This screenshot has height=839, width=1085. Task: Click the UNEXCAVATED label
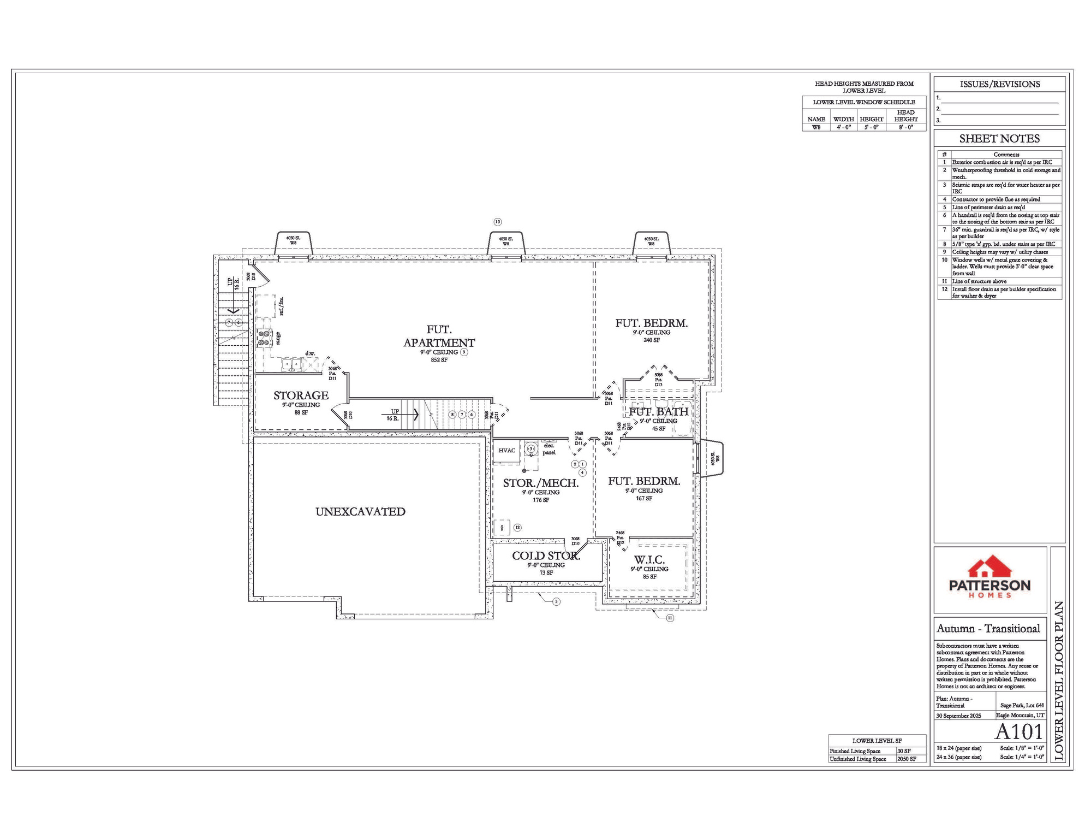click(x=360, y=512)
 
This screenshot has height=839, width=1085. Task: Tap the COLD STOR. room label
click(x=546, y=556)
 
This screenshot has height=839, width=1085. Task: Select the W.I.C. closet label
click(x=649, y=560)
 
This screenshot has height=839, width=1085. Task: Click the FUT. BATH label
click(x=658, y=412)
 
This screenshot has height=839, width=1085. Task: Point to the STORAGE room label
click(x=301, y=395)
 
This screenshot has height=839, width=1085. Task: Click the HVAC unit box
click(x=506, y=451)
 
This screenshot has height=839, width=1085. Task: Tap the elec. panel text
click(x=549, y=449)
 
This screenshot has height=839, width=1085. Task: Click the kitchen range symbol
click(x=265, y=338)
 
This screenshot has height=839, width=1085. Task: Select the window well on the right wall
click(x=712, y=459)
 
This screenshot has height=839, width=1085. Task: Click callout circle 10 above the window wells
click(x=497, y=222)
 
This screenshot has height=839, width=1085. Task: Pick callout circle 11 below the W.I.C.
click(x=670, y=618)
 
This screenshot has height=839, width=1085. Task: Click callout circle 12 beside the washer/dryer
click(x=517, y=528)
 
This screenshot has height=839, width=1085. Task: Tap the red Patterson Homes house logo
click(x=989, y=568)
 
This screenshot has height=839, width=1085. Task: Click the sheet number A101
click(x=1018, y=731)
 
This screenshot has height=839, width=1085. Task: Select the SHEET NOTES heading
click(x=999, y=139)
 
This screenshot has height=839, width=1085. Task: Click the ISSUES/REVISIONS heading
click(x=999, y=84)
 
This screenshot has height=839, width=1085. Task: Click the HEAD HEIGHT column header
click(x=905, y=116)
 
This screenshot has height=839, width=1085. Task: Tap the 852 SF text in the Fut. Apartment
click(x=439, y=360)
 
